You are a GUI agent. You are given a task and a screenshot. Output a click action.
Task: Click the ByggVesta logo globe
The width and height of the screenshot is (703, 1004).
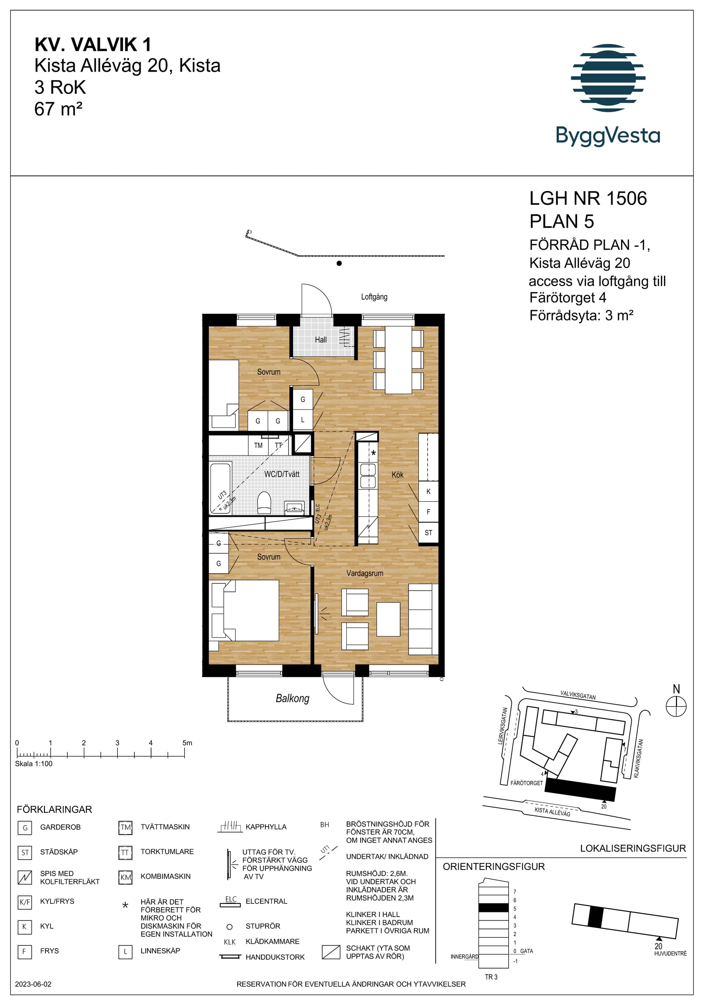point(608,78)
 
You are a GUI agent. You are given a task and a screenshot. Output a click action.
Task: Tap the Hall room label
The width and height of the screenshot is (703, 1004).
point(320,340)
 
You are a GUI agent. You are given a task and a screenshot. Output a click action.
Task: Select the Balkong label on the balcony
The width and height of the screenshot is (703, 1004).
point(293,698)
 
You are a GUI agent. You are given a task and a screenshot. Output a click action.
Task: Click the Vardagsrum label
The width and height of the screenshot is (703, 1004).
point(365,573)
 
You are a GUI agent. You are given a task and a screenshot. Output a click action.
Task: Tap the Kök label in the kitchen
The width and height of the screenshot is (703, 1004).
point(398,475)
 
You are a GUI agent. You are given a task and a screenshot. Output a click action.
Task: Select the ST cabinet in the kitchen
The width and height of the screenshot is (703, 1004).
point(428,533)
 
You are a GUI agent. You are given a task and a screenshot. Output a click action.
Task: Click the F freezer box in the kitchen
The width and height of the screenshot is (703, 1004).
point(428,512)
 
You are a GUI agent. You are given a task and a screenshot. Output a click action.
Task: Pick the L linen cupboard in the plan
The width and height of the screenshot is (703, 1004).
point(302,420)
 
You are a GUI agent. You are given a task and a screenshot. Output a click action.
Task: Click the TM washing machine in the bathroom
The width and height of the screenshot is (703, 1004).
point(258,445)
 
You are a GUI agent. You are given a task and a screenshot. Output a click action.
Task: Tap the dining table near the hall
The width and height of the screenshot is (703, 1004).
point(398,360)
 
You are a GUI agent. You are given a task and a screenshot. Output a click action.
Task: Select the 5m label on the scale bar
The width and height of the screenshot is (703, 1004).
point(187,743)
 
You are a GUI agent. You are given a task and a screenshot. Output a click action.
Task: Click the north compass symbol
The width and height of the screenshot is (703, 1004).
point(676,707)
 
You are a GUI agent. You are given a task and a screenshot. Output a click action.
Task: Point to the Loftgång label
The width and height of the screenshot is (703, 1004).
point(374,297)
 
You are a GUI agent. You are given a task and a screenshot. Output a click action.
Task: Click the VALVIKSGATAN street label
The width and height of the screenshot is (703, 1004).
point(578,695)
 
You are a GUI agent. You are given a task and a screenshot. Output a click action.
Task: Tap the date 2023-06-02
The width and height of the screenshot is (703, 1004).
point(33,984)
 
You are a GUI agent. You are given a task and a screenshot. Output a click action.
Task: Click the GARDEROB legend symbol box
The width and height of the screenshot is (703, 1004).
point(25,828)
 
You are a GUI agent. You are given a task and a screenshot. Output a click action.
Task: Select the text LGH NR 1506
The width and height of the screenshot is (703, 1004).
point(588,199)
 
